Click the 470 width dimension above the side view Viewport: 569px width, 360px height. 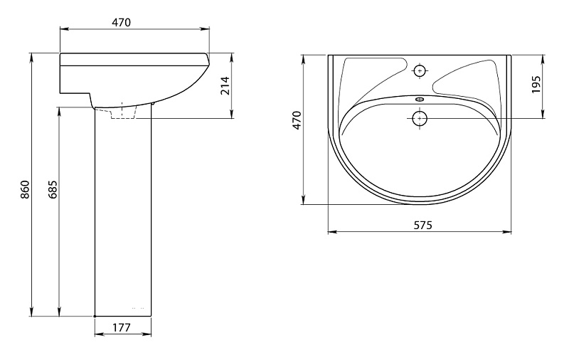(121, 23)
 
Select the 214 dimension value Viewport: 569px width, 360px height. (225, 85)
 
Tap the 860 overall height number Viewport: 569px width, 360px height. (25, 189)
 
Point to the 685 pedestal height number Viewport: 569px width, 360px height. (53, 189)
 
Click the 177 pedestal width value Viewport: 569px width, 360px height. (121, 328)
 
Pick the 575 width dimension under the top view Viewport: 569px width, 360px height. (423, 226)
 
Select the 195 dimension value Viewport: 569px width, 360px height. (536, 84)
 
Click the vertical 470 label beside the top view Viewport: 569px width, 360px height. (297, 120)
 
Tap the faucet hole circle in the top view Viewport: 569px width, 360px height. (420, 70)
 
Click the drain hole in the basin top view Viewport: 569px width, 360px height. (420, 118)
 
